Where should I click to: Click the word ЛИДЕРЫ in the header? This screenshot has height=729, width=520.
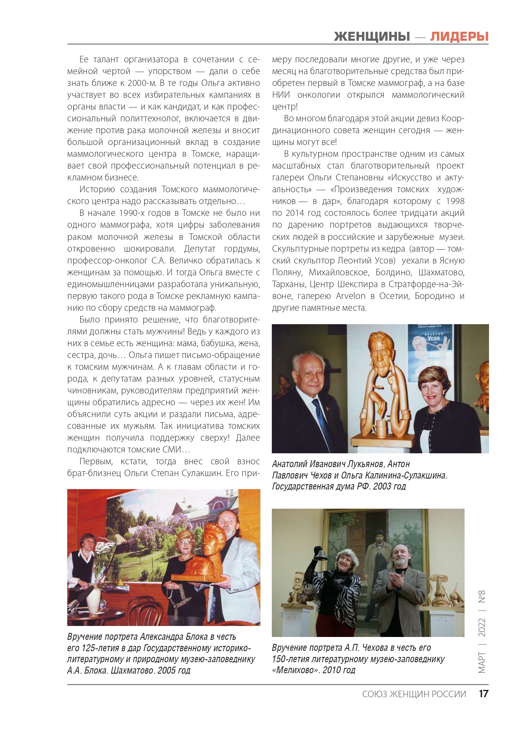point(459,37)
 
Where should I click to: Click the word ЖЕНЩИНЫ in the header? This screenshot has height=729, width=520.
point(372,37)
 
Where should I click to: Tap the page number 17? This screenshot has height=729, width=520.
point(483,694)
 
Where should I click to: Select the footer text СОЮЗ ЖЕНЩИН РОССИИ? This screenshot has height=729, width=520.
point(414,694)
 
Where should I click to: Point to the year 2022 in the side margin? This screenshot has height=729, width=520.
point(482,627)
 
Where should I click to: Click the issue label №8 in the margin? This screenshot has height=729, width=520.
point(482,597)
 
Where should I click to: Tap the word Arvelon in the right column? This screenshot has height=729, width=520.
point(350,296)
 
